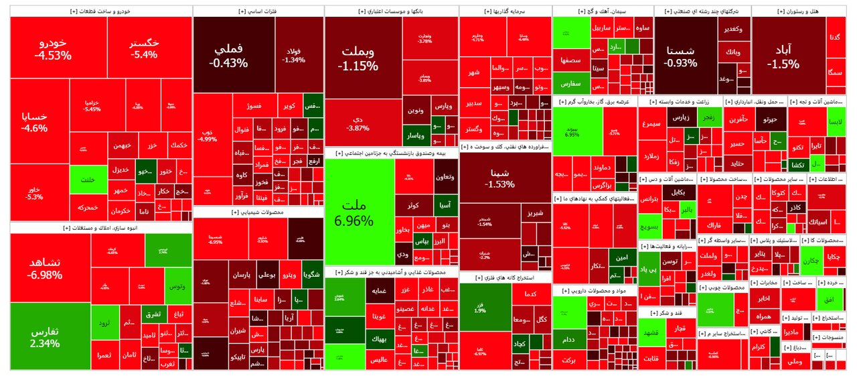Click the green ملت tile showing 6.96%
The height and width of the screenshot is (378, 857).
pos(356,212)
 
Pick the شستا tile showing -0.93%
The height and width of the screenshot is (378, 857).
pos(682,56)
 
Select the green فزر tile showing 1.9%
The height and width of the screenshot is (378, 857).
pos(480,306)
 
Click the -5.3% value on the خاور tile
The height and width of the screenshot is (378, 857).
pos(34,197)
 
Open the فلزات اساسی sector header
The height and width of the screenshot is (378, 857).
pos(257,11)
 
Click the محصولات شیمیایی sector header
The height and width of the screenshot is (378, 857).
pos(257,212)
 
